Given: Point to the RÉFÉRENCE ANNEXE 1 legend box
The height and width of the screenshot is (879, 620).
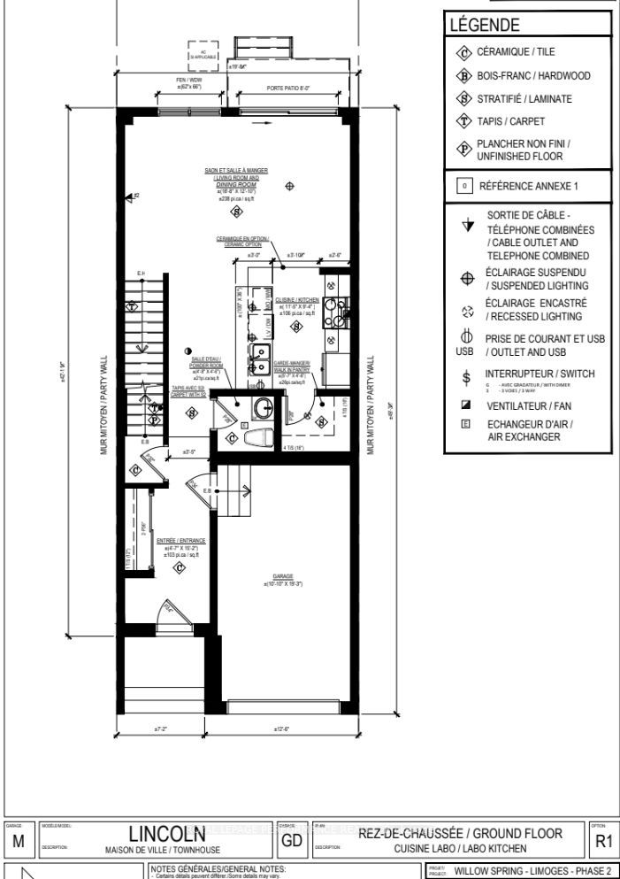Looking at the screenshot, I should (x=528, y=187).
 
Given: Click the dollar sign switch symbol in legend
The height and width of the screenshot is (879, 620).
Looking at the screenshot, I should (x=466, y=378).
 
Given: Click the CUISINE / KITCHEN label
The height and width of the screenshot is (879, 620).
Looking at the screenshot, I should (x=291, y=300).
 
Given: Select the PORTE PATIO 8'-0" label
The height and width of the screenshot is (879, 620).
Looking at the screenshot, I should (x=289, y=89).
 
